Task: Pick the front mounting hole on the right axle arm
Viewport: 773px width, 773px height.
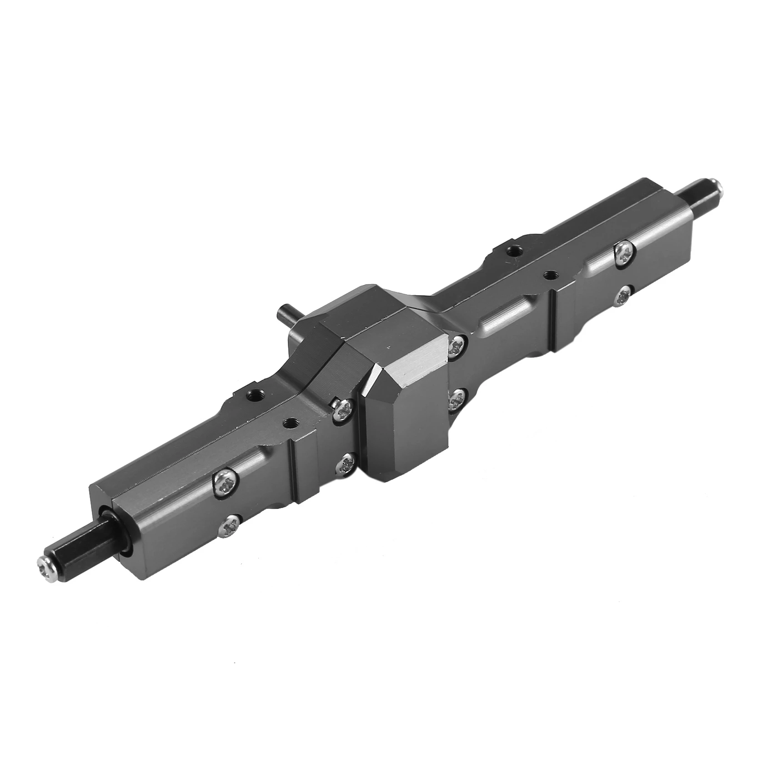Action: (551, 275)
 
